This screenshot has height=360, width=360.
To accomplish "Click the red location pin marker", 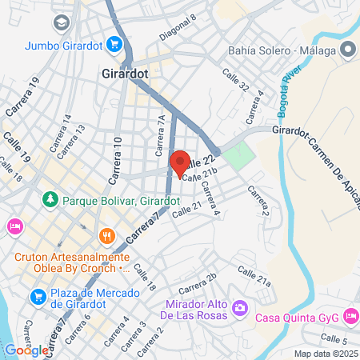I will tap(179, 162).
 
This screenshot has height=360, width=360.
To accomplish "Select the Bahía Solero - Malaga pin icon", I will tap(348, 50).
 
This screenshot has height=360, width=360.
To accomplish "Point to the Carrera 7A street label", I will tap(160, 130).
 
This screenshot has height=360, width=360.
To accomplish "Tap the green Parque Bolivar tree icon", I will tap(50, 198).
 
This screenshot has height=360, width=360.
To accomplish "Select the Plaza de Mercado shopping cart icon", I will tap(38, 297).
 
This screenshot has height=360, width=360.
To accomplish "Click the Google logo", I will tap(26, 350).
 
